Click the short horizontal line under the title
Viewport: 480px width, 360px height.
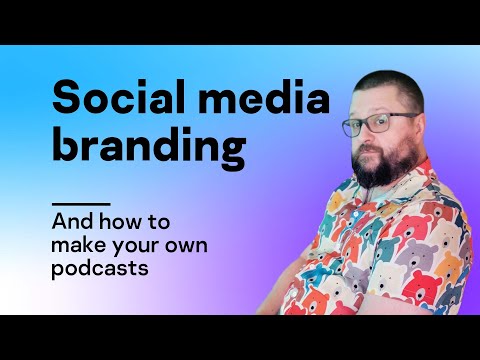pyautogui.click(x=81, y=203)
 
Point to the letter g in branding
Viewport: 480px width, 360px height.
pyautogui.click(x=231, y=152)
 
